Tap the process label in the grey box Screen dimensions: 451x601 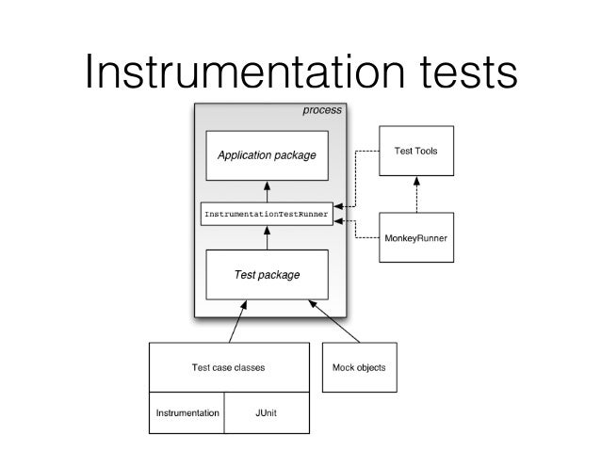point(321,110)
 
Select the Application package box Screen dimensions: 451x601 point(267,155)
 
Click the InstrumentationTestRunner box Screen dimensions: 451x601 point(267,215)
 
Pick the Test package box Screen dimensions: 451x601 point(267,275)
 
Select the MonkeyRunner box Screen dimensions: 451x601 point(415,237)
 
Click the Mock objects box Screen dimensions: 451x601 point(359,367)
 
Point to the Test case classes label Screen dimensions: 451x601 point(228,368)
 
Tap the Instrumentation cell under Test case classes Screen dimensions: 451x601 point(187,412)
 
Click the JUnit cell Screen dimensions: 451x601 point(266,412)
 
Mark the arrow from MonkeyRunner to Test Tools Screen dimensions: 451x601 point(414,195)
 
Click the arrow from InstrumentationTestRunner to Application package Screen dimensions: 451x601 point(267,190)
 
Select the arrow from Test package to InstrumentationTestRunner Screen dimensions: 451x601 point(267,239)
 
